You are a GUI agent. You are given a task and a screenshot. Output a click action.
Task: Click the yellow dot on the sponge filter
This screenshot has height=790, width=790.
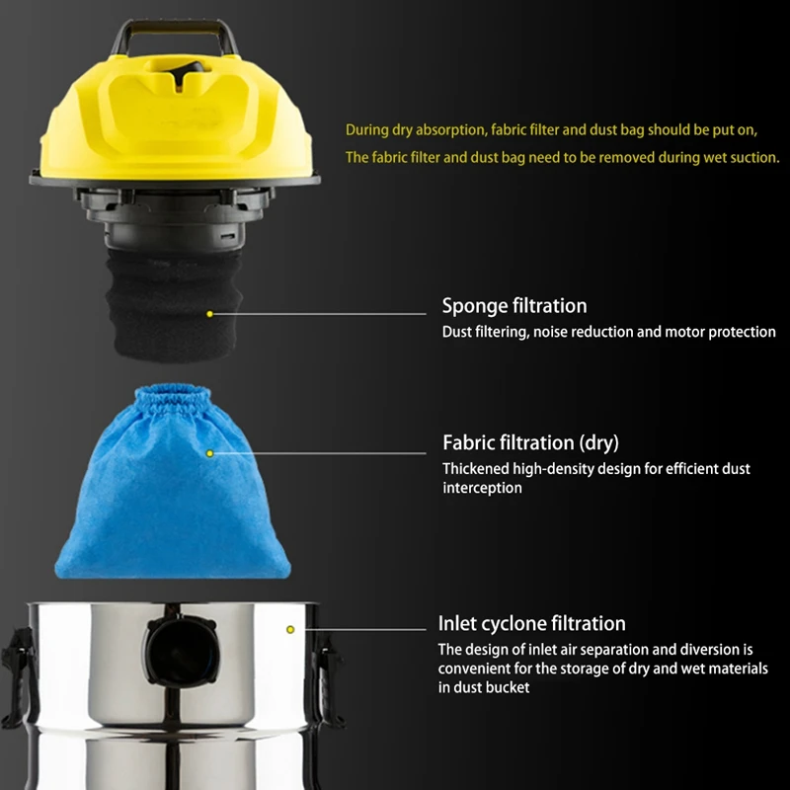209,314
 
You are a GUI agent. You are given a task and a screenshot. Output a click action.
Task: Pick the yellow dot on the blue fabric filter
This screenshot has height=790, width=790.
209,453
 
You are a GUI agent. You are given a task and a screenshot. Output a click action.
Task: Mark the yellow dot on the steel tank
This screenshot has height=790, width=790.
290,629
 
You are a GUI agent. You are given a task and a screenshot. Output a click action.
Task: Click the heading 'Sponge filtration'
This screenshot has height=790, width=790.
514,306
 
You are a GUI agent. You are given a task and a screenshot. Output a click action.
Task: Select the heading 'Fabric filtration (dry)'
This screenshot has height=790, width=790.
530,442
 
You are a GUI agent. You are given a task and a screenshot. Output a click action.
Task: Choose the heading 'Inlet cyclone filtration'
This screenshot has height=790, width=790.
532,624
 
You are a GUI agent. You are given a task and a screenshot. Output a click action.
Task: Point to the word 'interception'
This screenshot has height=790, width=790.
483,488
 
